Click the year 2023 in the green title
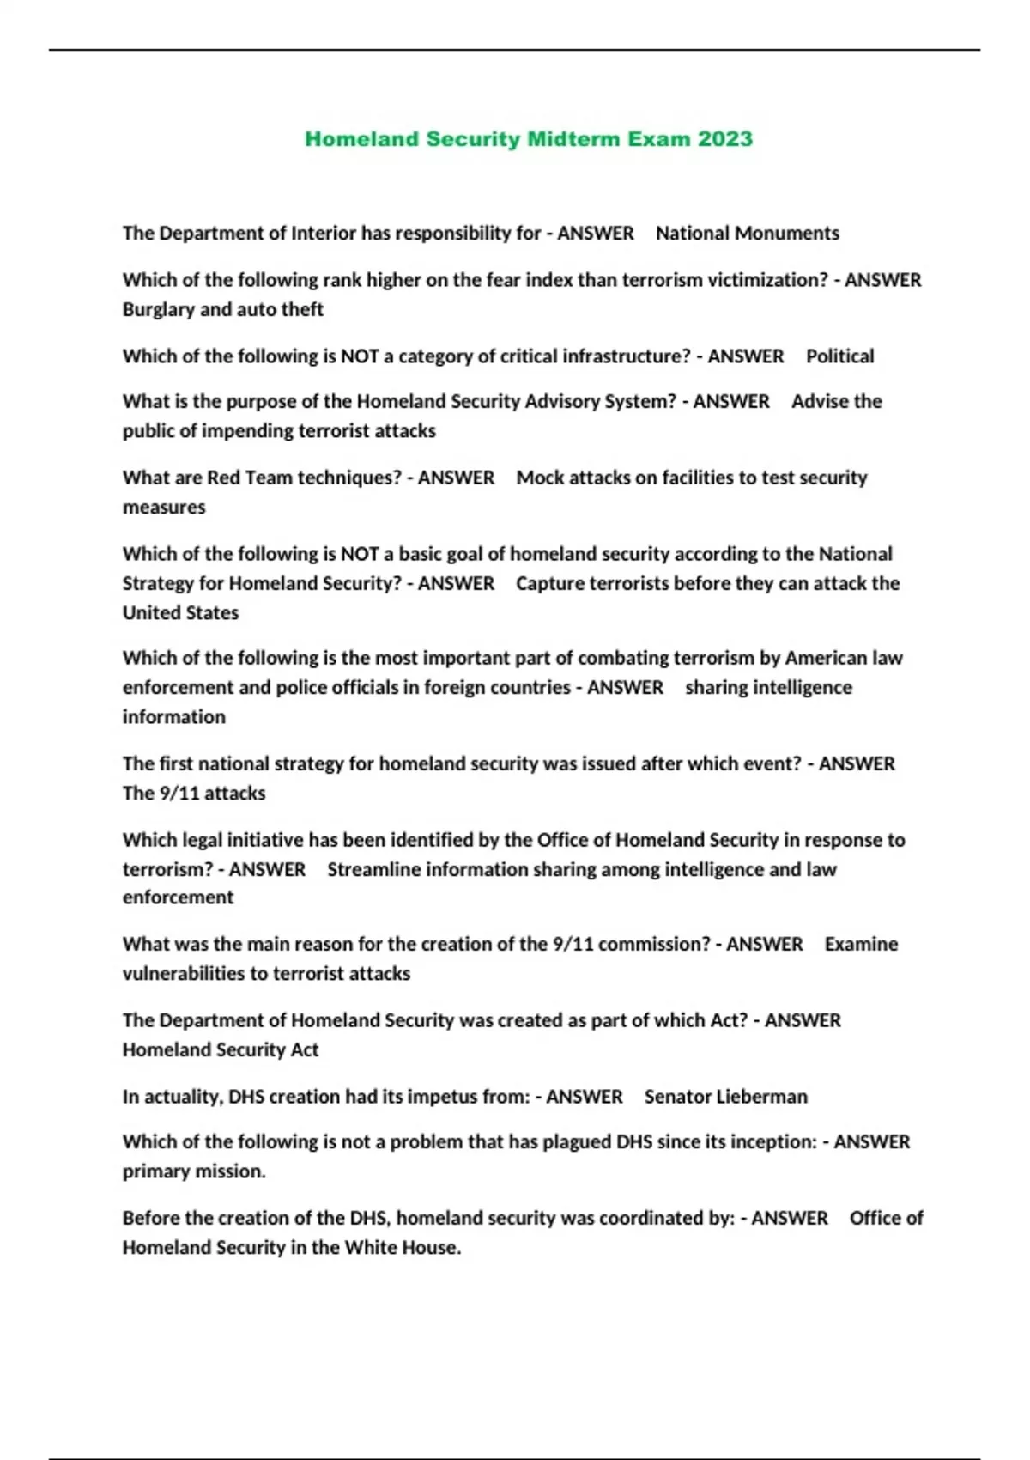[x=725, y=139]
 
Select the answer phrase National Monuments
[x=747, y=234]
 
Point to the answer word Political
[x=839, y=356]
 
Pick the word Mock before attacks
[x=540, y=478]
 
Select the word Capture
[x=549, y=584]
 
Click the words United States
[x=180, y=613]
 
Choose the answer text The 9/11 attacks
[x=194, y=794]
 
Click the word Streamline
[x=373, y=870]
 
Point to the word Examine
[x=861, y=945]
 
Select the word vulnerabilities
[x=184, y=974]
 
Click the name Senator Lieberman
[x=725, y=1097]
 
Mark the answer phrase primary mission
[x=194, y=1172]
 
